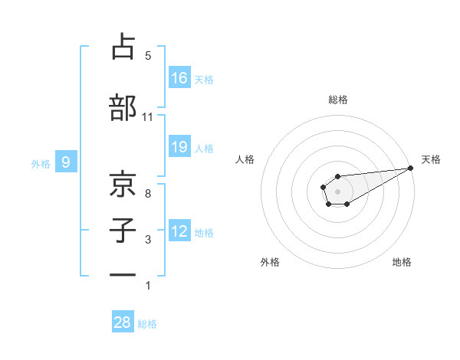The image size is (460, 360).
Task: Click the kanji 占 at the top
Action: (123, 47)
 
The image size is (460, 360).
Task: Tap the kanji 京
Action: (123, 185)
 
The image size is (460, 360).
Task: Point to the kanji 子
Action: (123, 230)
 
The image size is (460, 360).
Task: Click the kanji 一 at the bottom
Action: (123, 274)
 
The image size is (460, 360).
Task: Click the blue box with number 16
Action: (179, 78)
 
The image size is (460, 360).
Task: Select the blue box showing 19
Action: (179, 147)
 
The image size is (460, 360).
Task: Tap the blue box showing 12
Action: (179, 231)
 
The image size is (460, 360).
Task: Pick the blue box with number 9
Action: (67, 162)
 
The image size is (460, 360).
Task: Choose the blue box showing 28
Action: (123, 322)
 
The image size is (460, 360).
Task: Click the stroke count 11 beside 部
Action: (147, 117)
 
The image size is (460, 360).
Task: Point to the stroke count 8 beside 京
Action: (148, 194)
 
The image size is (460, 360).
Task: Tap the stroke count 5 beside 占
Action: (148, 56)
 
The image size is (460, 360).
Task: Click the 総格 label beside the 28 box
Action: (147, 324)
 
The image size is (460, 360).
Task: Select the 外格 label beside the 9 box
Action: (41, 163)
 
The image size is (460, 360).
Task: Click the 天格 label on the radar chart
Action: (431, 159)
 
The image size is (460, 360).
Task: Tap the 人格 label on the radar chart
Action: (245, 159)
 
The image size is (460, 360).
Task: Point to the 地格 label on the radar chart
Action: (402, 262)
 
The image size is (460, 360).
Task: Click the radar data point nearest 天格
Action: (412, 169)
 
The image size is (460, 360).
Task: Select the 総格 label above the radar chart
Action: (337, 100)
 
